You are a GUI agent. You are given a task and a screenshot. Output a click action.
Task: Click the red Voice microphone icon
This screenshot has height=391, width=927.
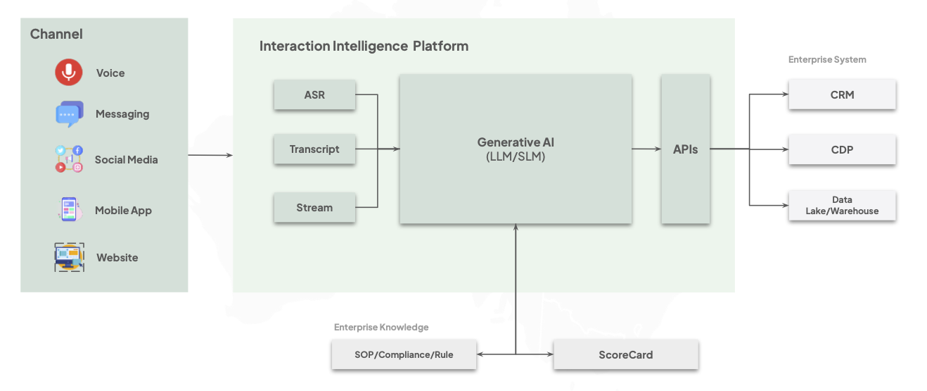(x=69, y=73)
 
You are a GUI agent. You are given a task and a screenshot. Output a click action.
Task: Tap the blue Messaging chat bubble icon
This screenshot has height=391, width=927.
(x=69, y=114)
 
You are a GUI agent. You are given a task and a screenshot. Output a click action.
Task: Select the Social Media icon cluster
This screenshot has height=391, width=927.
(x=69, y=159)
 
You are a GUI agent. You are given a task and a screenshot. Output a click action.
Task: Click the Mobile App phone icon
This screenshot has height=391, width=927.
(x=69, y=210)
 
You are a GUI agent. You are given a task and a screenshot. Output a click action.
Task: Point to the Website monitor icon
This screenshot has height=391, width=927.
(x=69, y=257)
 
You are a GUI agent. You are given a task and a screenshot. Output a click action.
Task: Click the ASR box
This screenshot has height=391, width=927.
(x=314, y=95)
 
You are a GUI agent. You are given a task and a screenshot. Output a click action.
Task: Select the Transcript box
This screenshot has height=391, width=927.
(x=314, y=149)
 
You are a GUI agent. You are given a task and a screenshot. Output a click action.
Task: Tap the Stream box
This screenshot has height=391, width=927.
(x=314, y=208)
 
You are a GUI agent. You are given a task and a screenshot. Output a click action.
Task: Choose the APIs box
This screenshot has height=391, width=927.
(x=685, y=149)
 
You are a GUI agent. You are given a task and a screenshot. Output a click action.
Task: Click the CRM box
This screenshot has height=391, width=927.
(x=842, y=94)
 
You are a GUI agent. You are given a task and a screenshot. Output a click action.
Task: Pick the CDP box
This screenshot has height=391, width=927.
(x=842, y=149)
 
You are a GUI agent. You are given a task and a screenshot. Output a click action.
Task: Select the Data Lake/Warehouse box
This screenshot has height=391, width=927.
(x=842, y=205)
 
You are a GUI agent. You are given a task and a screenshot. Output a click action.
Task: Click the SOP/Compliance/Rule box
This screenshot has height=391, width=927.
(x=404, y=354)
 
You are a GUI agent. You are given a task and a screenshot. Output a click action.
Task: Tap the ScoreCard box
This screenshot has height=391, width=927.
(x=625, y=354)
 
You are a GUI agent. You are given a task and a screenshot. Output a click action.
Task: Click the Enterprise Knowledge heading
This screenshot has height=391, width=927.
(x=381, y=328)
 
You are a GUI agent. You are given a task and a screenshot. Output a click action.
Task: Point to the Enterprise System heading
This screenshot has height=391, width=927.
(x=827, y=60)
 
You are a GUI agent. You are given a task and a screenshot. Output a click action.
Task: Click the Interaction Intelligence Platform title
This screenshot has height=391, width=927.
(x=364, y=46)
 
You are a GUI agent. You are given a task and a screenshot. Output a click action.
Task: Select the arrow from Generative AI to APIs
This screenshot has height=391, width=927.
(x=646, y=149)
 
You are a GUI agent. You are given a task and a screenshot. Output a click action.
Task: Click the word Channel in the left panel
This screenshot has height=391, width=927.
(x=56, y=34)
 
